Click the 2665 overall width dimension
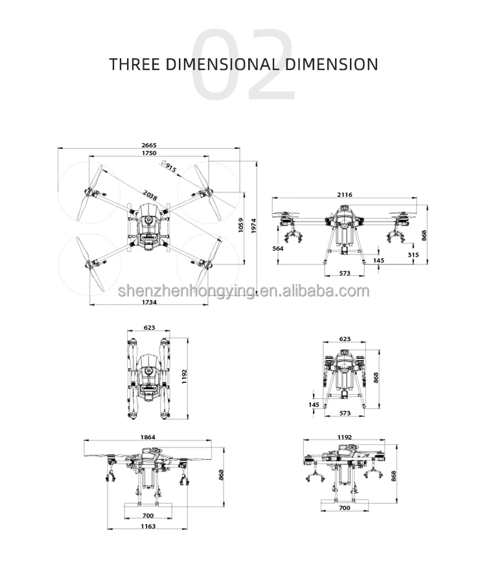[x=149, y=145]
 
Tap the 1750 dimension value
[x=149, y=153]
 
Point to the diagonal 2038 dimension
[x=150, y=195]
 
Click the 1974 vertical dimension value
[x=253, y=225]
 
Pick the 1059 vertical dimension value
[x=240, y=225]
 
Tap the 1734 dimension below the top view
[x=149, y=302]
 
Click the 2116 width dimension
[x=344, y=194]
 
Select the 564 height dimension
[x=278, y=248]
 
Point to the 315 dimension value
[x=413, y=255]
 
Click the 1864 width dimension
[x=148, y=437]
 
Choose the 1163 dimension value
[x=148, y=526]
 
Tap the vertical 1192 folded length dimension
[x=185, y=376]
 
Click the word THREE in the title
[x=134, y=64]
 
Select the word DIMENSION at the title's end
[x=332, y=64]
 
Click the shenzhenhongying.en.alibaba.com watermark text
[x=244, y=291]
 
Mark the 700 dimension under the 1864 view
[x=148, y=516]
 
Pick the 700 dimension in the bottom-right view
[x=345, y=507]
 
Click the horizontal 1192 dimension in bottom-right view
[x=344, y=437]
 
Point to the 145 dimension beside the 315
[x=378, y=260]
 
